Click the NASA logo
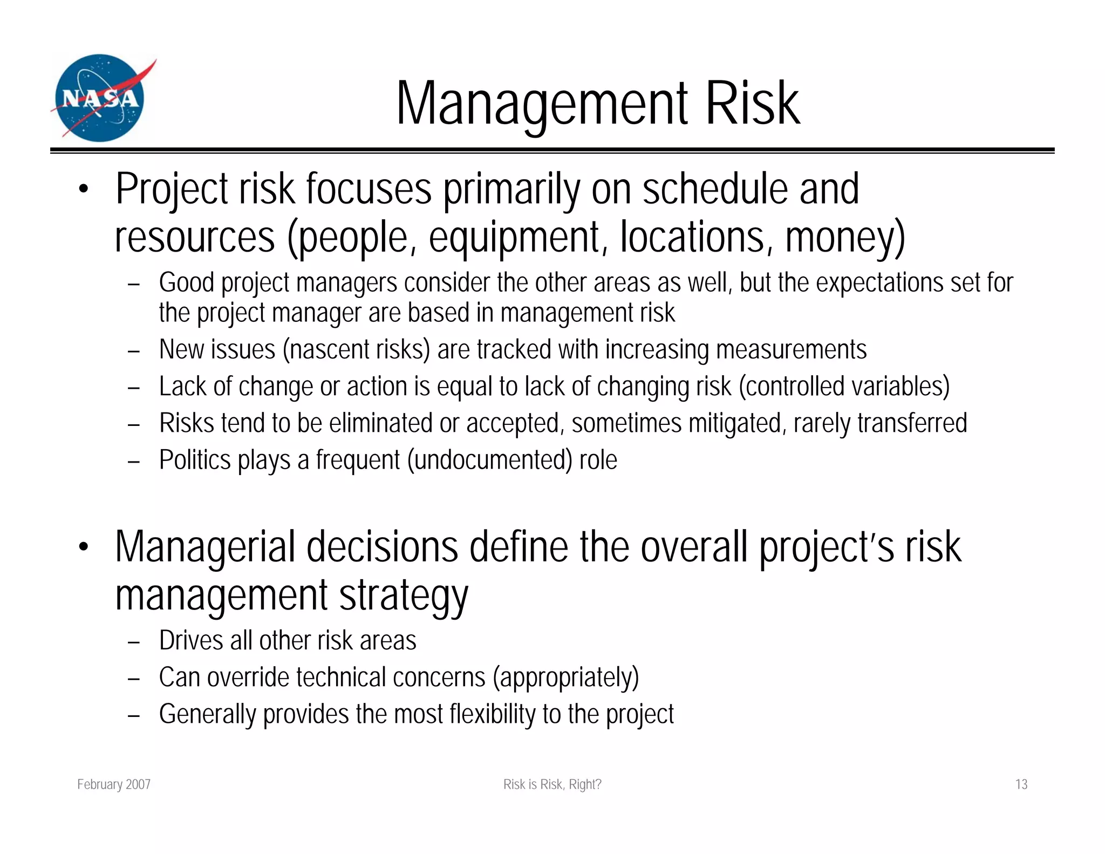100,98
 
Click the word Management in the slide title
542,104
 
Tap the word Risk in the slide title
752,104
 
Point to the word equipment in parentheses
514,238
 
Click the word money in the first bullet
838,238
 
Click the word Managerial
205,547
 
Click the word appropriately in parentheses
565,677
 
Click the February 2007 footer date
114,784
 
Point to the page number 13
1021,784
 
